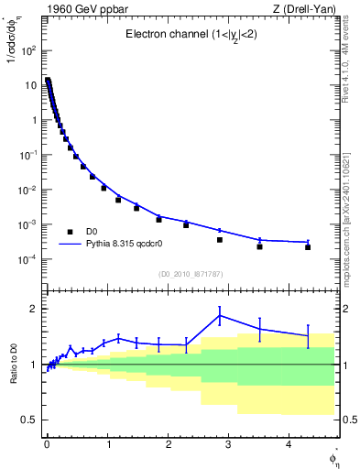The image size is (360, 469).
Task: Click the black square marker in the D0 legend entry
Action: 69,232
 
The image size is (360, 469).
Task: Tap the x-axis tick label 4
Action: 289,444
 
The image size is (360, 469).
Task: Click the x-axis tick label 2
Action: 168,444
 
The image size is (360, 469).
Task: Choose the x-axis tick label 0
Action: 47,444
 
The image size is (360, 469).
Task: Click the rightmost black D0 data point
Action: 308,247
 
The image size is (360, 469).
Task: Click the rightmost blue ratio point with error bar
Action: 308,336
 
